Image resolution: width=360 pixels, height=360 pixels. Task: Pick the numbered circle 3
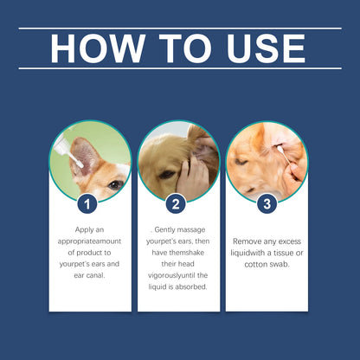(x=267, y=204)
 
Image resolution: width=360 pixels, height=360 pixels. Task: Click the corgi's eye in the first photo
(x=114, y=184)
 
